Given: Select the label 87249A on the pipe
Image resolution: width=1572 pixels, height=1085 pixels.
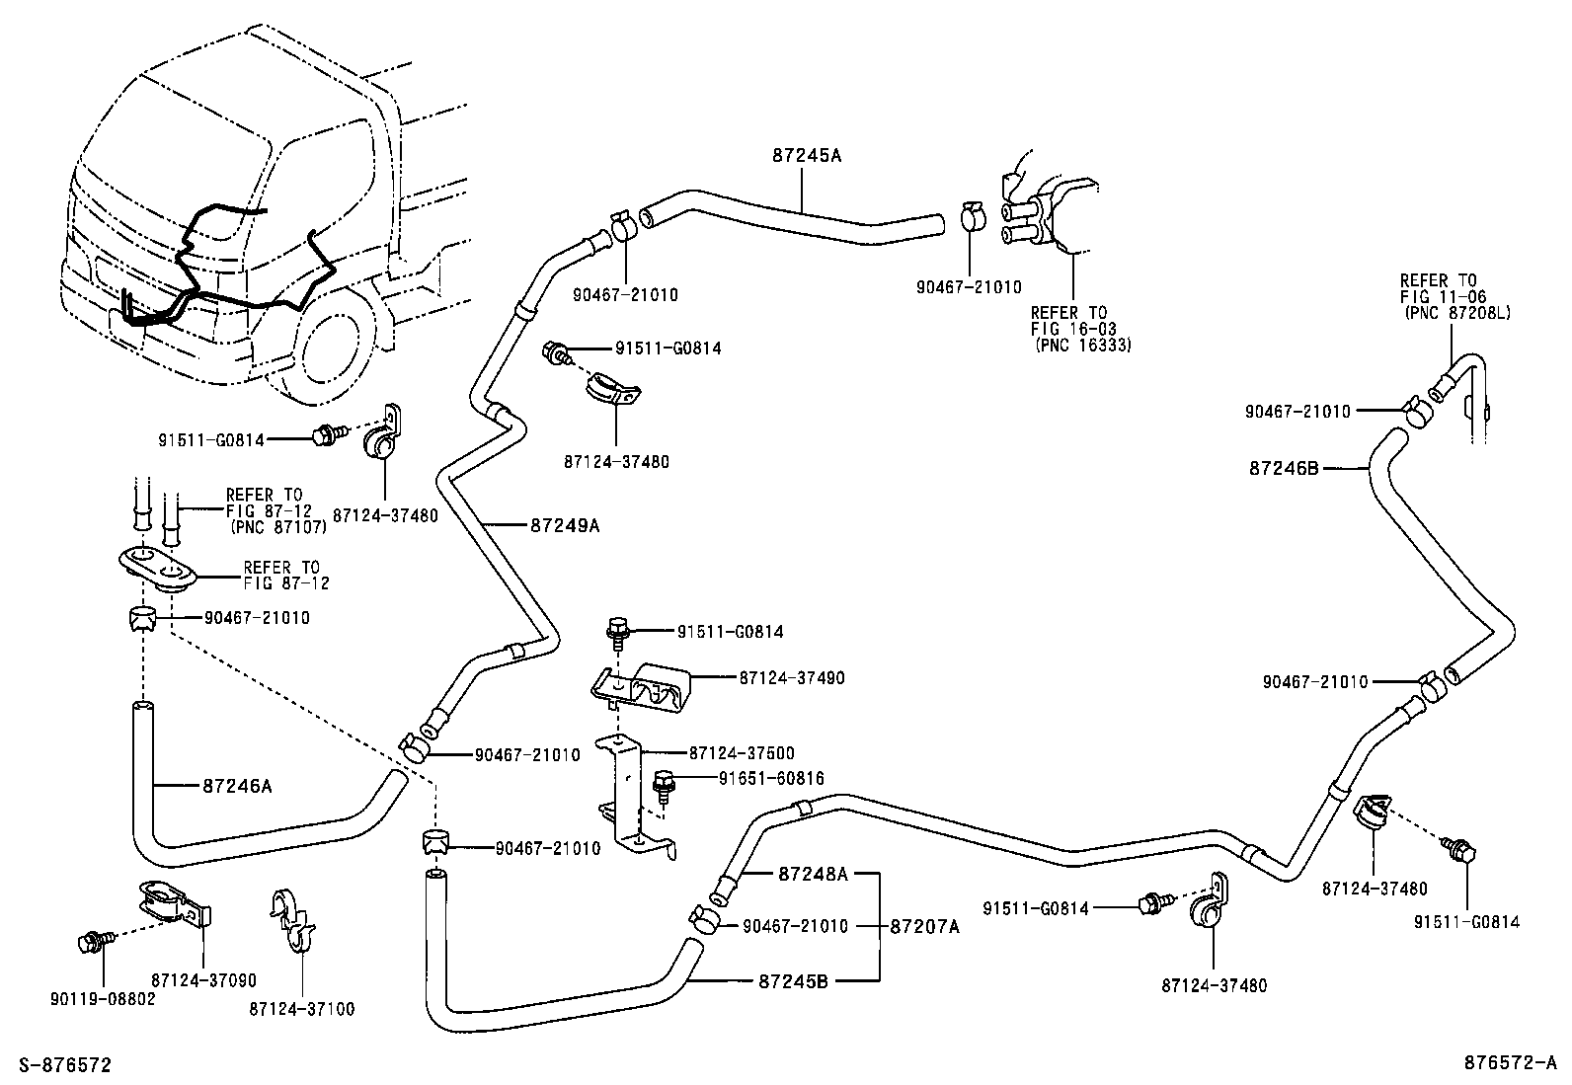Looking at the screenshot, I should click(565, 526).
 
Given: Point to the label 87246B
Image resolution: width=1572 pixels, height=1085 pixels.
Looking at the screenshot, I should click(1284, 469).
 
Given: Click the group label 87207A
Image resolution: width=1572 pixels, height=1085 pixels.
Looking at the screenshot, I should click(925, 926).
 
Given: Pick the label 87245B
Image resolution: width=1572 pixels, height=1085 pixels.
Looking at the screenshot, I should click(793, 981).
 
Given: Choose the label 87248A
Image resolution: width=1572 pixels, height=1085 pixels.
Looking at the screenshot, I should click(813, 874).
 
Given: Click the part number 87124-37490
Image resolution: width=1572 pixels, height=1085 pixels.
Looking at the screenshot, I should click(791, 678).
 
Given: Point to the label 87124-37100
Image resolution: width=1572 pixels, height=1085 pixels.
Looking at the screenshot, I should click(301, 1009).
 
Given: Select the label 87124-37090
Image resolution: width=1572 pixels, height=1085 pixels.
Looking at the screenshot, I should click(203, 980).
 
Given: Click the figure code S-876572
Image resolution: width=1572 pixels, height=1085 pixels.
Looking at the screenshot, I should click(58, 1065).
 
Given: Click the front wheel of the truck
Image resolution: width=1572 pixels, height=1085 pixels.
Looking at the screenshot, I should click(337, 355).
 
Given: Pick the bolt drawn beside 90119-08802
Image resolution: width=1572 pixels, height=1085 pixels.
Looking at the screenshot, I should click(89, 942).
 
